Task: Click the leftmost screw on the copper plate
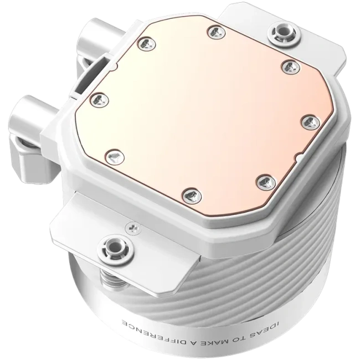coord(100,101)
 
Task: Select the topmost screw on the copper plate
coord(216,32)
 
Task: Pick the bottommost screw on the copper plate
coord(192,197)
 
